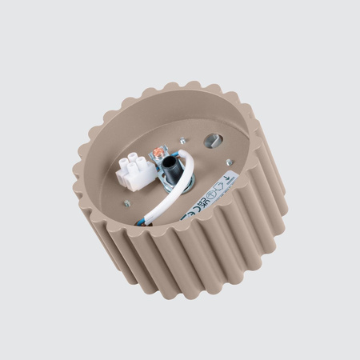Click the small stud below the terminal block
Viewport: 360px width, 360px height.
click(128, 203)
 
